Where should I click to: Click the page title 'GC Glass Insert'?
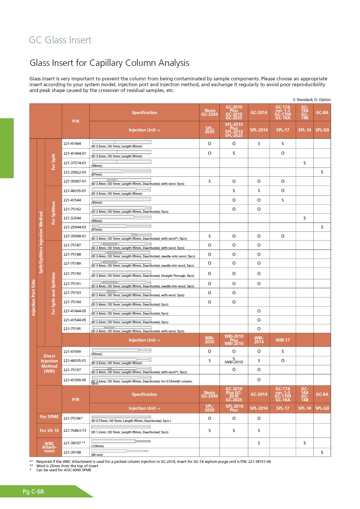[x=60, y=40]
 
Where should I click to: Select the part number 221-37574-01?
[x=75, y=163]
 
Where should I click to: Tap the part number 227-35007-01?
[x=75, y=181]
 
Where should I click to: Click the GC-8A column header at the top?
[x=322, y=113]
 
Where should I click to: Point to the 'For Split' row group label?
[x=53, y=162]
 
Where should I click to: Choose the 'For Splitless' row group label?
[x=53, y=213]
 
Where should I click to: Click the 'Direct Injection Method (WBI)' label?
[x=49, y=364]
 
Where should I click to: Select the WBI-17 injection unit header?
[x=282, y=340]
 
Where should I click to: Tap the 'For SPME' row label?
[x=49, y=417]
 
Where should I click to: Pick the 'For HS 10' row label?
[x=49, y=431]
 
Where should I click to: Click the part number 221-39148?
[x=72, y=452]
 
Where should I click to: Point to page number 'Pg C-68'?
[x=33, y=492]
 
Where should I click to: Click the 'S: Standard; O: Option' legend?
[x=312, y=100]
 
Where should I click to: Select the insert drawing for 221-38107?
[x=121, y=441]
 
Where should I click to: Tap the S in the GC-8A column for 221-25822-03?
[x=322, y=172]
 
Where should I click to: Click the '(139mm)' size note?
[x=98, y=446]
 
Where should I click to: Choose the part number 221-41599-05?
[x=75, y=380]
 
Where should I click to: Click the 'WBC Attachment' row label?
[x=49, y=447]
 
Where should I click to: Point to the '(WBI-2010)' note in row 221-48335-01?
[x=234, y=362]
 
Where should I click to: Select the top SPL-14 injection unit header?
[x=305, y=130]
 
